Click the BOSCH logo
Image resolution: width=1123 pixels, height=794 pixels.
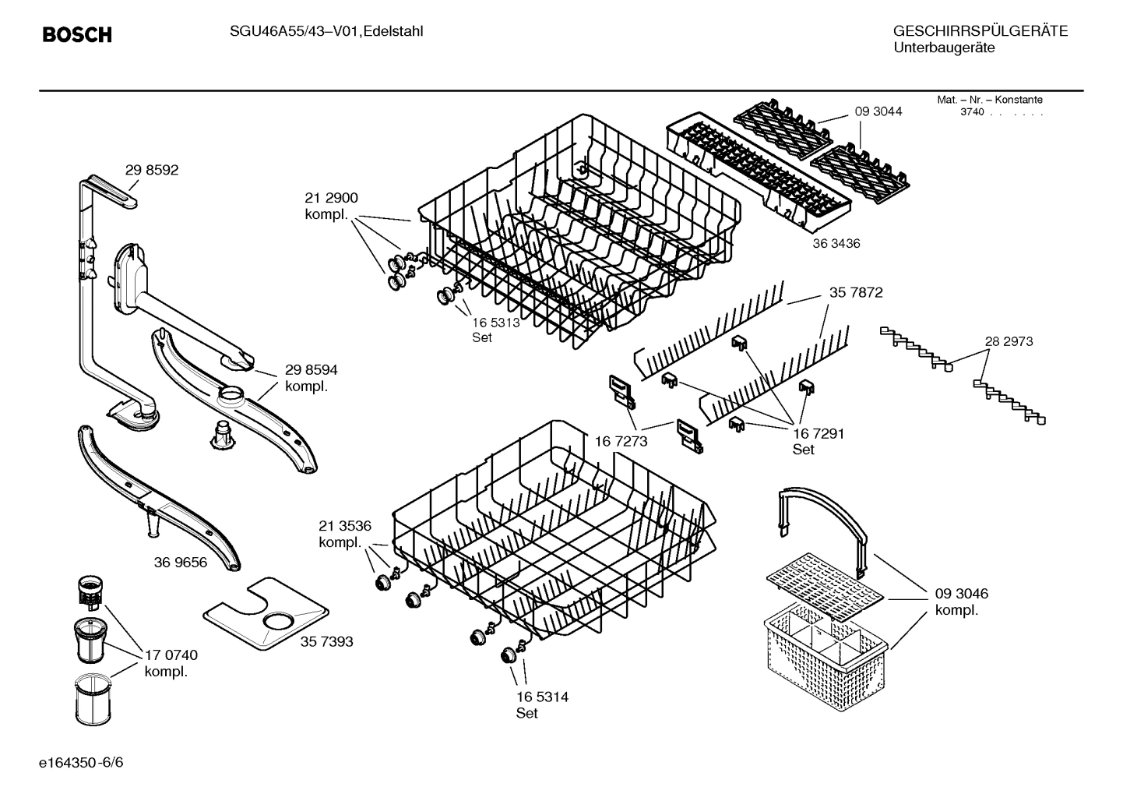(76, 35)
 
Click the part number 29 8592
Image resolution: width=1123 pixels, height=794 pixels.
(152, 171)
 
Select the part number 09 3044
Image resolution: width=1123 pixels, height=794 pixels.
(878, 111)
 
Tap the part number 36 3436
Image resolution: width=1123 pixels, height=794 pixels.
(836, 244)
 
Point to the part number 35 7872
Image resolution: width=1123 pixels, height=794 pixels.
(856, 293)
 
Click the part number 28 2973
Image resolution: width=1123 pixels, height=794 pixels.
(1009, 341)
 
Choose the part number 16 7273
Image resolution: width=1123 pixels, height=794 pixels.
(621, 442)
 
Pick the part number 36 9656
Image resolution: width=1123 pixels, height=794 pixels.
(180, 562)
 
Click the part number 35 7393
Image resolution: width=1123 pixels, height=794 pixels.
(326, 641)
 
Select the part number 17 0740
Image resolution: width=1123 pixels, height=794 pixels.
(171, 655)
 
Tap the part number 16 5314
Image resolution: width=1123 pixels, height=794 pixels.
(541, 697)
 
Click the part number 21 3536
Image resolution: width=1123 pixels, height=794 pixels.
(344, 525)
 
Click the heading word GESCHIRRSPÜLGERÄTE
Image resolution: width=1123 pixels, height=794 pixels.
(980, 31)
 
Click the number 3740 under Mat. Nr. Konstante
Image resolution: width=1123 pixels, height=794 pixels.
(971, 112)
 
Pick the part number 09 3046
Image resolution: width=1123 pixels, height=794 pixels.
(961, 594)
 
